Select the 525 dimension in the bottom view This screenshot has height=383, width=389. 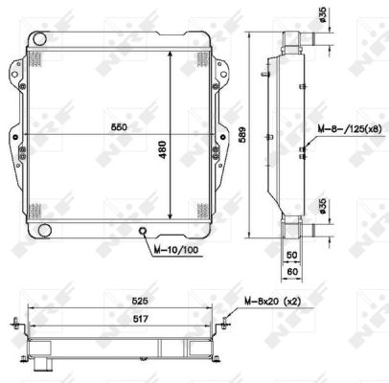[x=124, y=299]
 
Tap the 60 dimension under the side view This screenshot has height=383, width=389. [x=295, y=273]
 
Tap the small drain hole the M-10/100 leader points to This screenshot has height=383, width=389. [x=143, y=231]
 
